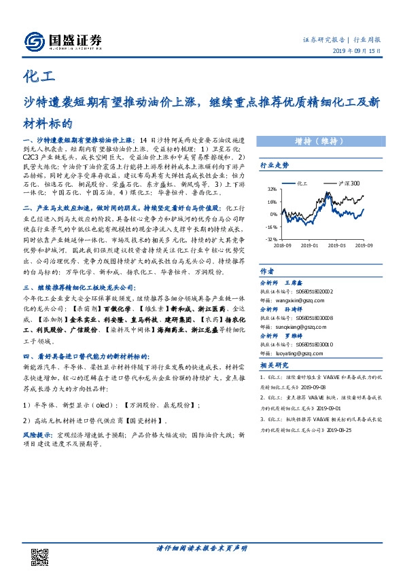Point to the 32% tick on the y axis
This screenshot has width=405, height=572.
point(272,190)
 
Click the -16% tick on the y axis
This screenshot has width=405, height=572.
point(271,227)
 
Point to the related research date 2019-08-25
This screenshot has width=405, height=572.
point(339,430)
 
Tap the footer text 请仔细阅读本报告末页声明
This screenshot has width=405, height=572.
point(202,549)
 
